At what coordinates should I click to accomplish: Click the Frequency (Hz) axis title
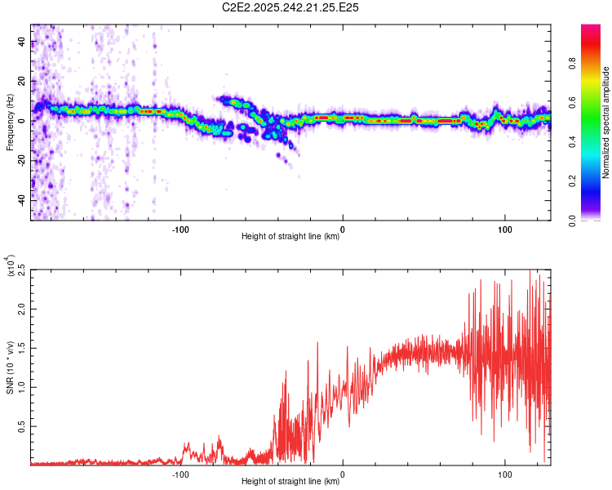[x=10, y=122]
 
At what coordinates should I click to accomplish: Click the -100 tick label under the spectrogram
[x=180, y=228]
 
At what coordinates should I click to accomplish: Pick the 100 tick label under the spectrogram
[x=504, y=228]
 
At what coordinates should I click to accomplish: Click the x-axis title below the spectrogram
[x=290, y=237]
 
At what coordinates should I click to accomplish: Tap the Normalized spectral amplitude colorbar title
[x=605, y=123]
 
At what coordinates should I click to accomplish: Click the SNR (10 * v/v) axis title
[x=10, y=367]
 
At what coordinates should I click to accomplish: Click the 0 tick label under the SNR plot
[x=343, y=473]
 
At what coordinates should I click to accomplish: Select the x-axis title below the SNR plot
[x=290, y=482]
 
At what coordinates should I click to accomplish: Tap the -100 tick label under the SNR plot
[x=180, y=473]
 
